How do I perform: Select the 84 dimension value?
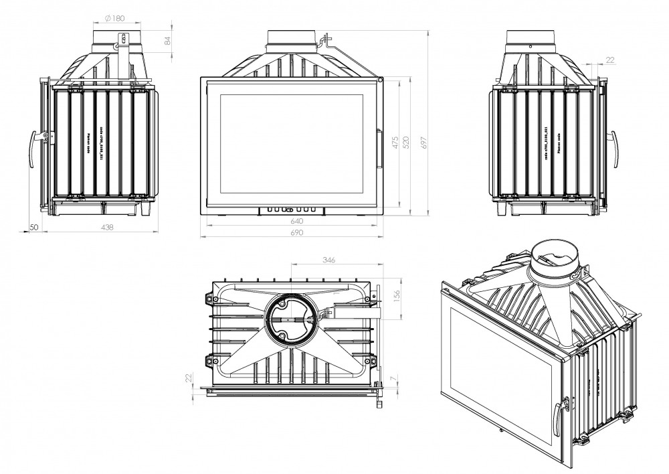pos(167,41)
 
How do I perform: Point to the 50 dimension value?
pos(33,228)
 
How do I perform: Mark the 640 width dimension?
pos(297,221)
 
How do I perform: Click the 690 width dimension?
pos(297,233)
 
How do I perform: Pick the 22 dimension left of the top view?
pos(189,379)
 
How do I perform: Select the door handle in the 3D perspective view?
pos(560,414)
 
